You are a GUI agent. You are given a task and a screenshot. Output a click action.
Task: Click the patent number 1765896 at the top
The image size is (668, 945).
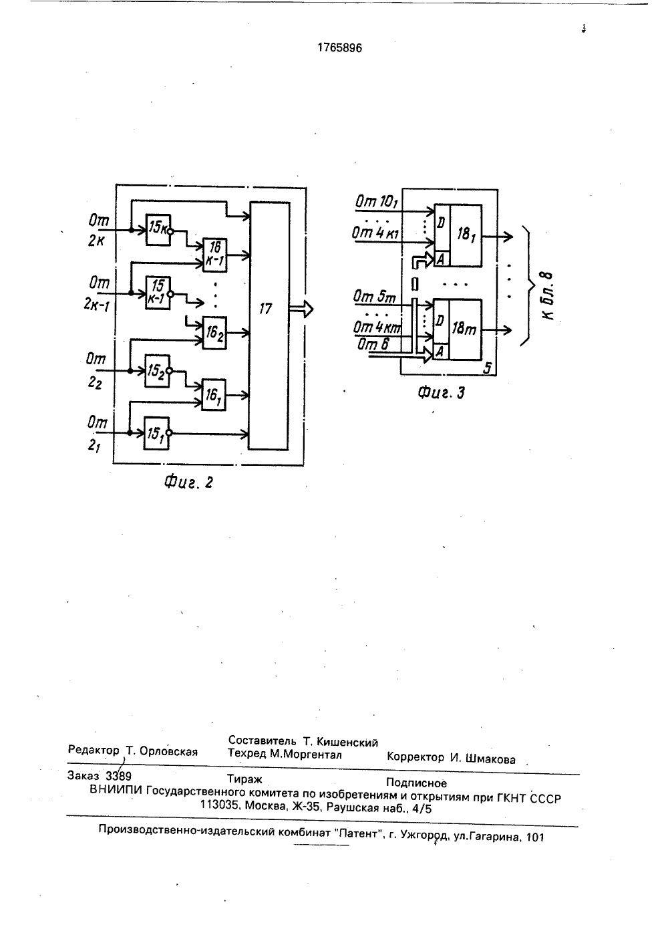339,48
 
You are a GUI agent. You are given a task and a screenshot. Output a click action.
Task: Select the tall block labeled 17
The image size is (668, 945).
269,326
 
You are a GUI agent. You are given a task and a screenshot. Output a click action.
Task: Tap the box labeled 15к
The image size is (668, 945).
158,229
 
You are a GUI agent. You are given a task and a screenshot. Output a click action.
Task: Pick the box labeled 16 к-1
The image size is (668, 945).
215,255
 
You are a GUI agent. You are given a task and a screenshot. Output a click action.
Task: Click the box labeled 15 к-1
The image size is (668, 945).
158,293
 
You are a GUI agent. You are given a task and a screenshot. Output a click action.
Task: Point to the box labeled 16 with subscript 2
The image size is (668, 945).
214,333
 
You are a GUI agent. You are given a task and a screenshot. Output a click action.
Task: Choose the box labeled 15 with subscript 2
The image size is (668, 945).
157,371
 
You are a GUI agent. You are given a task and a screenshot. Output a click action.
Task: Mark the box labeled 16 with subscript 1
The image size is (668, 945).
213,395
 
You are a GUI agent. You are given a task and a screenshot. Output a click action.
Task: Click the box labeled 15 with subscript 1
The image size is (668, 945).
156,433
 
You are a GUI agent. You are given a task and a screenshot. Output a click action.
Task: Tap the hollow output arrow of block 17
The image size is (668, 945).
301,309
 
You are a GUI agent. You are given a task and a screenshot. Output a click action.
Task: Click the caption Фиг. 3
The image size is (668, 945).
441,393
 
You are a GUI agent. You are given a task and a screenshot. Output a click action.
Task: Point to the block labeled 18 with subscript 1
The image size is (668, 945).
458,236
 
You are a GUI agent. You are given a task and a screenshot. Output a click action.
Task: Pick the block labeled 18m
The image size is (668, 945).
458,329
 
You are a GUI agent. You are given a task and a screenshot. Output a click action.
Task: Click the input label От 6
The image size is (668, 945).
373,345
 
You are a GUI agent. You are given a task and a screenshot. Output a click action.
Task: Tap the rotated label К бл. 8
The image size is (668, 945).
546,295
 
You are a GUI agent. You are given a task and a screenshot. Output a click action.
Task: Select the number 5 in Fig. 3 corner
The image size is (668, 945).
487,368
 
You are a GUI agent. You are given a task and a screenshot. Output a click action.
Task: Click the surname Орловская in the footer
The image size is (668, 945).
168,751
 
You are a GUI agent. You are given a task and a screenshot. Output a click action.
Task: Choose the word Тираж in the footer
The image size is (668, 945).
244,779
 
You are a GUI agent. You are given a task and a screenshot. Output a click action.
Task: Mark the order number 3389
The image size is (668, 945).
118,776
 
